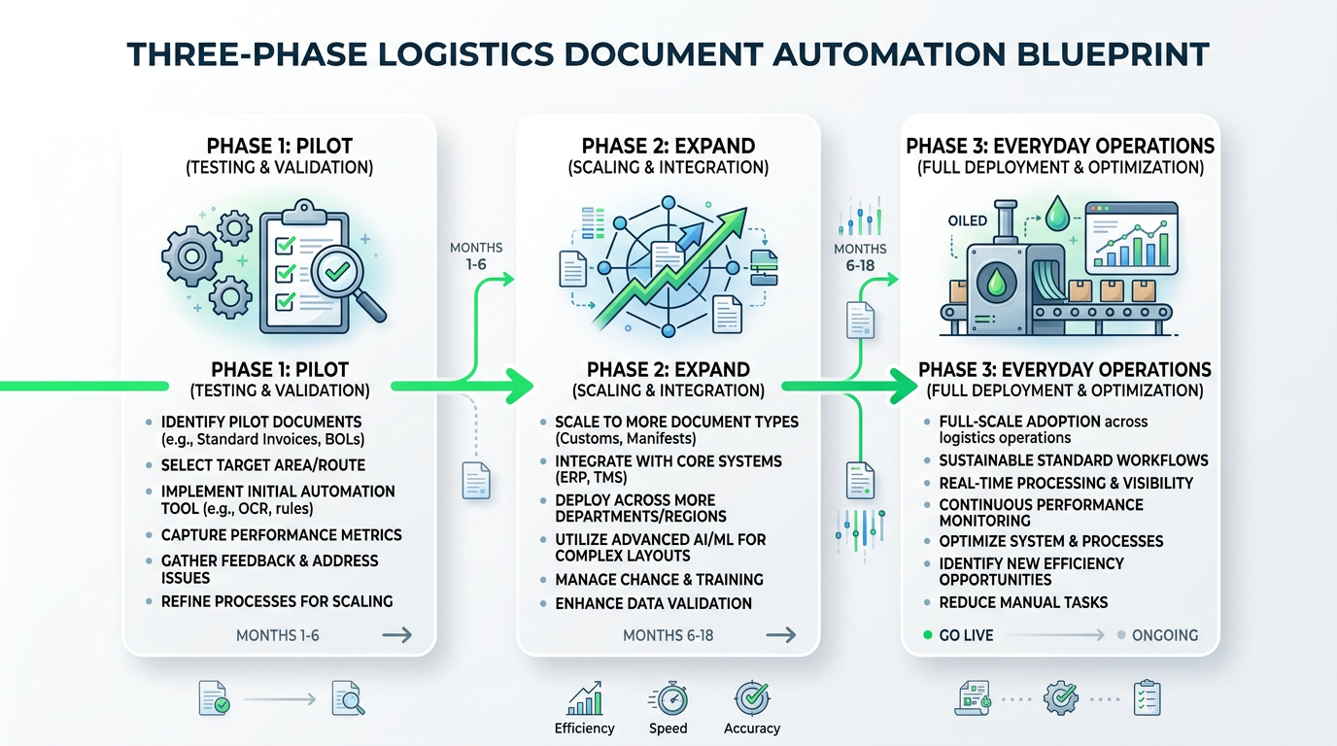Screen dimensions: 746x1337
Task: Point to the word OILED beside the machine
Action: [967, 221]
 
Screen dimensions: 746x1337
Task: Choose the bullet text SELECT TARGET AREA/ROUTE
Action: [268, 465]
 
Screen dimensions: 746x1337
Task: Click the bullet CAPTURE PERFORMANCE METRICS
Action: [281, 535]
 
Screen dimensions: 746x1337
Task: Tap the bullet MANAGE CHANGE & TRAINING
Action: [659, 579]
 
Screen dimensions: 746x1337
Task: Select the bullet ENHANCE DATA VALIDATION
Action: [653, 603]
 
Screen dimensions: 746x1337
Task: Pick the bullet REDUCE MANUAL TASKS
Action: [1023, 602]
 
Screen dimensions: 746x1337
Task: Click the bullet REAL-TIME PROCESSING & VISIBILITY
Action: [1066, 483]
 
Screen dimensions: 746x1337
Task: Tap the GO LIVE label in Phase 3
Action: [966, 635]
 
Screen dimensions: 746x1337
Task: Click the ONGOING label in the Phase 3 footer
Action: [1164, 635]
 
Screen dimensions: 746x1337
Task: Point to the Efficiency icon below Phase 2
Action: [584, 699]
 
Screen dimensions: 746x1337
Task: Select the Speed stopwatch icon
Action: [668, 699]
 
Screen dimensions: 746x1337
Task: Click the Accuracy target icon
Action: [751, 698]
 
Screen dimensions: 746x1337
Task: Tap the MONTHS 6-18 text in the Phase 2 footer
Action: [668, 635]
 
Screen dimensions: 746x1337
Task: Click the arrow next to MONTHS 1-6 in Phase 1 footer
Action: [396, 635]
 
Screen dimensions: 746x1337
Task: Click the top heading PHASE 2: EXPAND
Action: [668, 146]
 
